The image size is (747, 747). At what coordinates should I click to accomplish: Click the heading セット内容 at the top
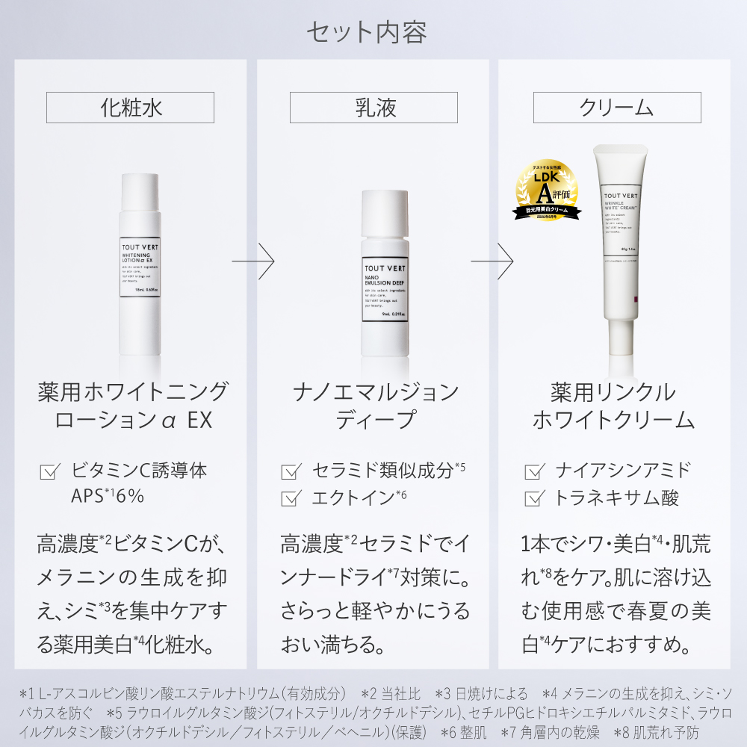tap(366, 32)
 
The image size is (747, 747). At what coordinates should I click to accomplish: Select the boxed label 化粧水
tap(131, 108)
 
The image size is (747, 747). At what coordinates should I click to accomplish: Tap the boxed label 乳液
tap(373, 108)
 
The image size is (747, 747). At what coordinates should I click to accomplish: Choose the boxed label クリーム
tap(617, 108)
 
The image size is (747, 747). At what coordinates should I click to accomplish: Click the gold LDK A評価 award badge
tap(545, 190)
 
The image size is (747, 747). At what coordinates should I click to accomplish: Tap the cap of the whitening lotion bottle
tap(140, 192)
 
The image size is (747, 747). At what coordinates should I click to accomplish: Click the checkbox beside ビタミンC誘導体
tap(49, 472)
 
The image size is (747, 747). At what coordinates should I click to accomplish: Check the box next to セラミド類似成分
tap(291, 472)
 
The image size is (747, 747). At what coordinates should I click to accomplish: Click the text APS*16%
tap(107, 497)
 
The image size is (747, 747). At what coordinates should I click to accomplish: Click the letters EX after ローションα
tap(199, 420)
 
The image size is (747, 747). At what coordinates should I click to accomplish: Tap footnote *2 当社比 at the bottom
tap(391, 694)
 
